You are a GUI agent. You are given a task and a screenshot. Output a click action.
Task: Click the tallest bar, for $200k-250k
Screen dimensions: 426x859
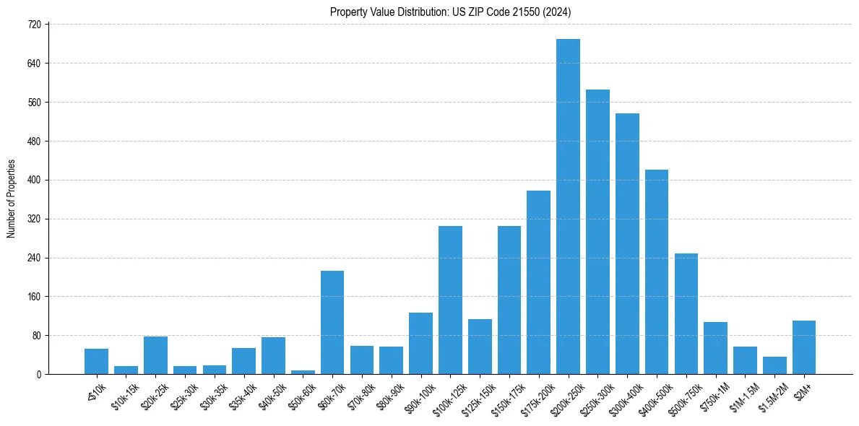568,207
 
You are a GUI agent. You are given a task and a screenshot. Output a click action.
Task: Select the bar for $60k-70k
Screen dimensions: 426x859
332,323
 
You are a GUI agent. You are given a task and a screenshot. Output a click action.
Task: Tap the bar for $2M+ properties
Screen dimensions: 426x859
803,347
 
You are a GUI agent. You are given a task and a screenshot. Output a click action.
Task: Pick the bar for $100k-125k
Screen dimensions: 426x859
450,300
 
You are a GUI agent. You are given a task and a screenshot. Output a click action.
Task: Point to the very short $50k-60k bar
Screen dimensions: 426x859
303,372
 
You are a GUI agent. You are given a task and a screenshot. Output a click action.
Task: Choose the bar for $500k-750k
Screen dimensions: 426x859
686,314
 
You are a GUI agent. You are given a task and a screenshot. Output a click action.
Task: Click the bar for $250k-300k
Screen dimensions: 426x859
597,232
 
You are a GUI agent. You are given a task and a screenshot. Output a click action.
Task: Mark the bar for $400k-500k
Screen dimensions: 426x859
656,272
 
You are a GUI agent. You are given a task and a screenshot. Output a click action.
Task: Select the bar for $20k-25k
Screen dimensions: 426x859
155,355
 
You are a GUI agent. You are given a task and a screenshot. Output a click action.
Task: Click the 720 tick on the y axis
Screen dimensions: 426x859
35,25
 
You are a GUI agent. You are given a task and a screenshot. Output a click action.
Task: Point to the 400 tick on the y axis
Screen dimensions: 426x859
35,181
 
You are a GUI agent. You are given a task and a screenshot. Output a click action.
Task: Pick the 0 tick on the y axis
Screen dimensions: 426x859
39,375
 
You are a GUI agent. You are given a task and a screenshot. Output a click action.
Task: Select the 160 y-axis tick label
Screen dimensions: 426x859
35,297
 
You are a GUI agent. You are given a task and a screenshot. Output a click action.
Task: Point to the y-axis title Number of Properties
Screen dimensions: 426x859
11,199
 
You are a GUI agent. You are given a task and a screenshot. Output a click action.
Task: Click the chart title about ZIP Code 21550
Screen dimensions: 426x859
451,12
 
